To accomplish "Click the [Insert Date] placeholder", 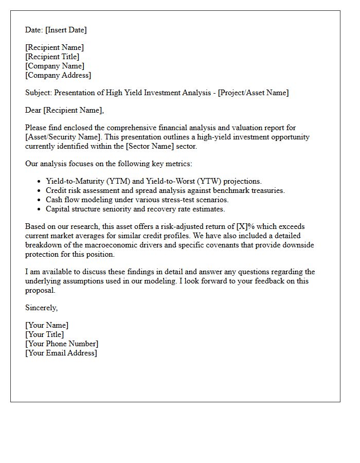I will click(66, 30).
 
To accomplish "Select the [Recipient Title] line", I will click(52, 57).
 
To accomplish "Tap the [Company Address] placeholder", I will click(58, 75).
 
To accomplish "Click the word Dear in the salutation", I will click(33, 110).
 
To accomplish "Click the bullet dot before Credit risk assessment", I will click(39, 191).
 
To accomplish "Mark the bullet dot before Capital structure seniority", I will click(39, 209).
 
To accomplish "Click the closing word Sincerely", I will click(41, 308).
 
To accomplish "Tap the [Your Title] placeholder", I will click(44, 334).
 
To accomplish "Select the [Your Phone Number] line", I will click(62, 344).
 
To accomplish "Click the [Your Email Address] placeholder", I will click(61, 353).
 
